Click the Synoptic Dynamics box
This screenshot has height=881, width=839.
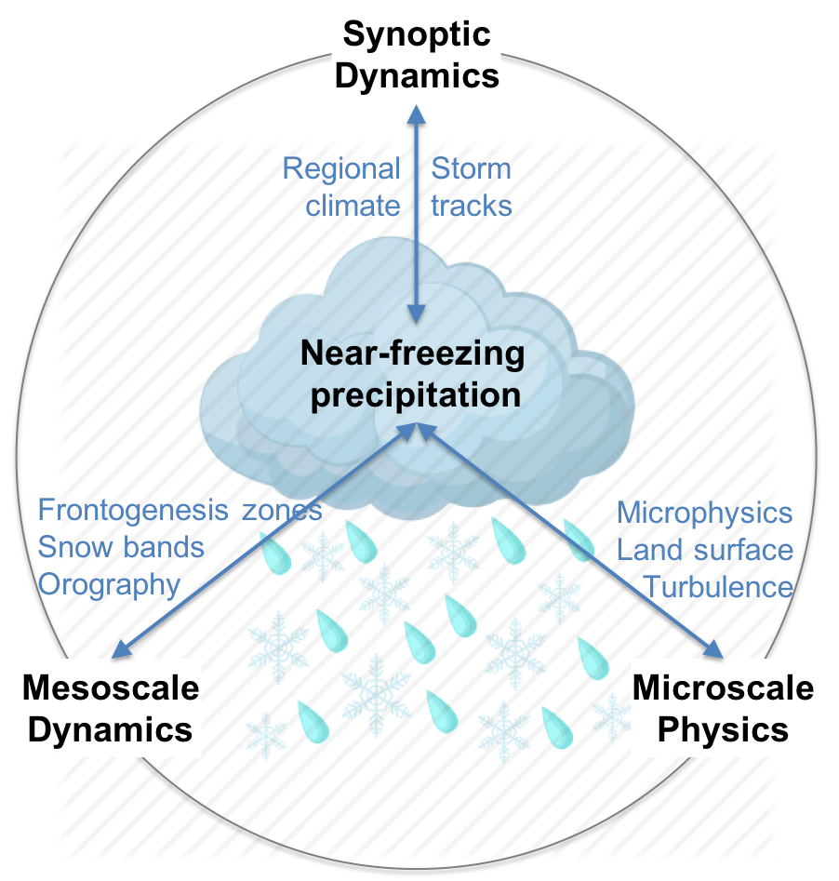(416, 55)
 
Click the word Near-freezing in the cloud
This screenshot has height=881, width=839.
(412, 354)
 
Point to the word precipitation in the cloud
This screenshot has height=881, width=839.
(415, 394)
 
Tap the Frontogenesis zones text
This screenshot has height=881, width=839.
(180, 510)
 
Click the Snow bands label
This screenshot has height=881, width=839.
(121, 547)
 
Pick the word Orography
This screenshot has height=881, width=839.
(108, 584)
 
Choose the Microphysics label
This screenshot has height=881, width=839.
(705, 512)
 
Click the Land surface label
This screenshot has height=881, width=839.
(705, 549)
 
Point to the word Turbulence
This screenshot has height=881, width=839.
(719, 586)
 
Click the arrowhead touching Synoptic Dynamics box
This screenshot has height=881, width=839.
(416, 113)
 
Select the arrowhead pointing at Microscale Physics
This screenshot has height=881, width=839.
(715, 650)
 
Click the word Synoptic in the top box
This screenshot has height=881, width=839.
(416, 35)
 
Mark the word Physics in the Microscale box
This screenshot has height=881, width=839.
(723, 728)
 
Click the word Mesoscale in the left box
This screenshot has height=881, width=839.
(111, 688)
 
